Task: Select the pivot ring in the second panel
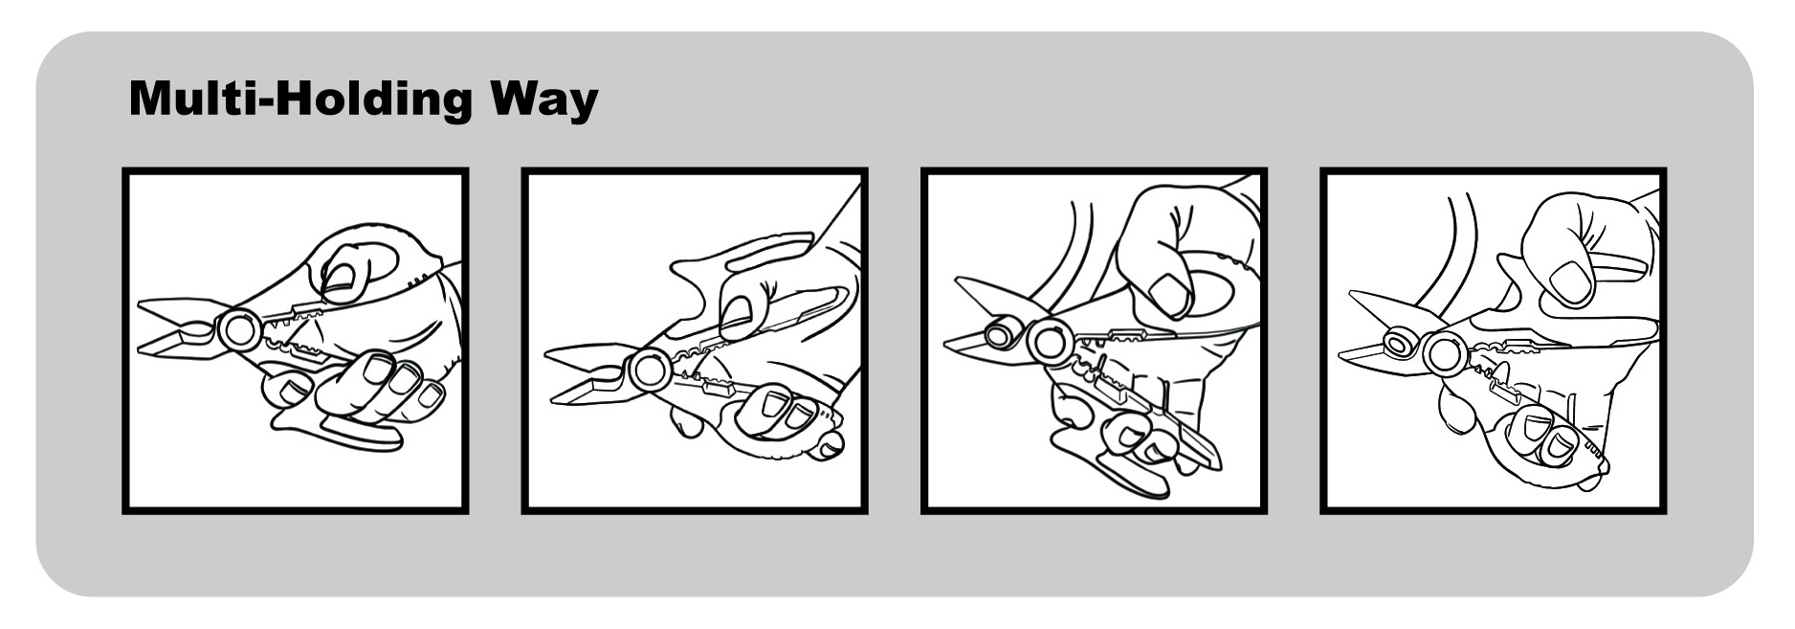pos(650,370)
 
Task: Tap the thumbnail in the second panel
pos(736,312)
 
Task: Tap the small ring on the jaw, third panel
pos(1001,335)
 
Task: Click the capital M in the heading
pos(151,99)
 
